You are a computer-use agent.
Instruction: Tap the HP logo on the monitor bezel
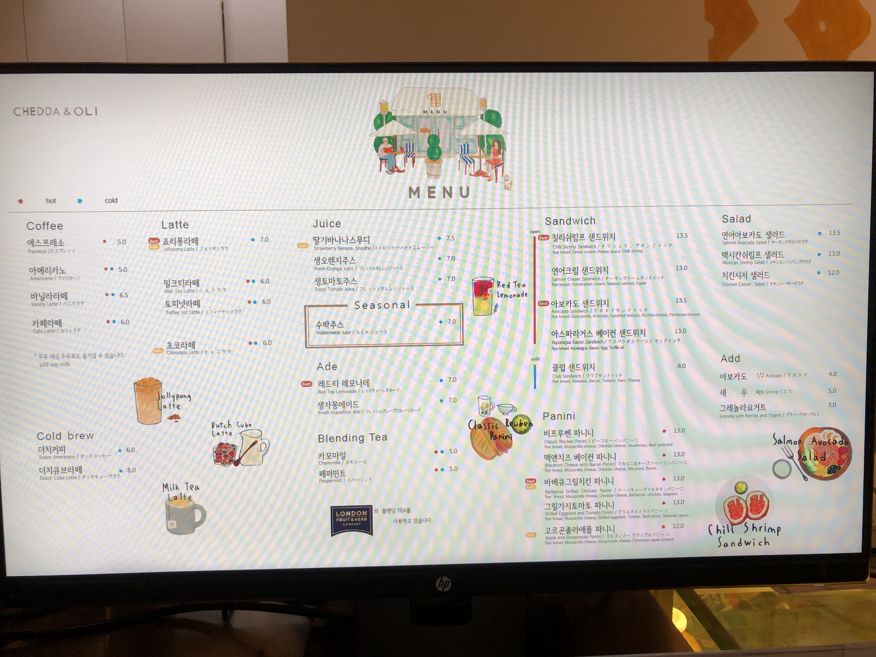click(x=443, y=584)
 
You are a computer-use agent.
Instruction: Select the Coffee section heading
click(x=45, y=226)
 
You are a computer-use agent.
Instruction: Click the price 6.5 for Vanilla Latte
click(x=124, y=295)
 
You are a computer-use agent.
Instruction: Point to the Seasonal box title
click(x=382, y=305)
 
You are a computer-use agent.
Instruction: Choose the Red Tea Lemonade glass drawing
click(x=483, y=296)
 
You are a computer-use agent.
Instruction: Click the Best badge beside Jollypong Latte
click(x=154, y=241)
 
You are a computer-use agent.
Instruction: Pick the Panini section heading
click(x=558, y=416)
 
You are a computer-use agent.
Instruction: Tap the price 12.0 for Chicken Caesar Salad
click(x=833, y=272)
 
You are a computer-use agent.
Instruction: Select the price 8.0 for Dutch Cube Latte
click(x=131, y=470)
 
